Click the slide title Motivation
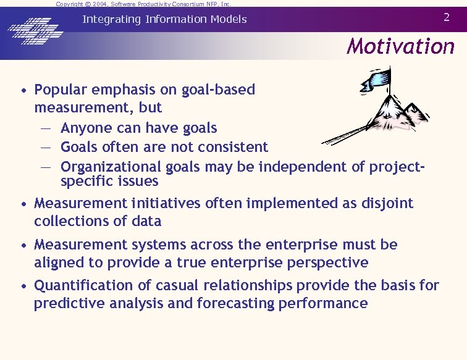click(400, 46)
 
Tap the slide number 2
click(447, 17)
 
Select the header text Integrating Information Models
click(164, 19)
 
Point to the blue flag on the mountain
click(378, 78)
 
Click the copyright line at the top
click(143, 4)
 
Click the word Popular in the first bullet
click(61, 90)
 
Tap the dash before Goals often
click(46, 148)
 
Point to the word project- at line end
click(398, 167)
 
